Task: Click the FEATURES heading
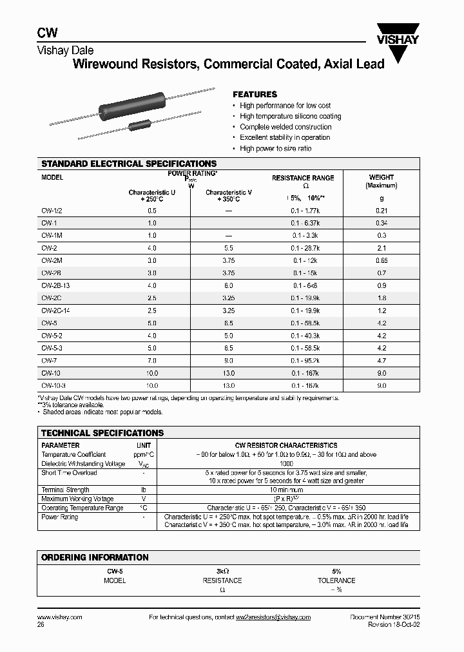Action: [x=255, y=94]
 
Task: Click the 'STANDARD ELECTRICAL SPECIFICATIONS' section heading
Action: [x=129, y=164]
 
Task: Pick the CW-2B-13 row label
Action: [x=56, y=285]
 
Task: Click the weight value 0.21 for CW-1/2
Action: [x=381, y=211]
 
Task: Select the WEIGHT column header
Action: [x=381, y=177]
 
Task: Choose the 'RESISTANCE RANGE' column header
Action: [x=303, y=178]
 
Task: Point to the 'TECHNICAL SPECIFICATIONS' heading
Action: [x=102, y=433]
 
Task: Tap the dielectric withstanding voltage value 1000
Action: [x=287, y=463]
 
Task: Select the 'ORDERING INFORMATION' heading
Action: [x=95, y=557]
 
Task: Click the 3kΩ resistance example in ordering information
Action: [x=222, y=571]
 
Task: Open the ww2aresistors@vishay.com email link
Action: [x=272, y=617]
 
